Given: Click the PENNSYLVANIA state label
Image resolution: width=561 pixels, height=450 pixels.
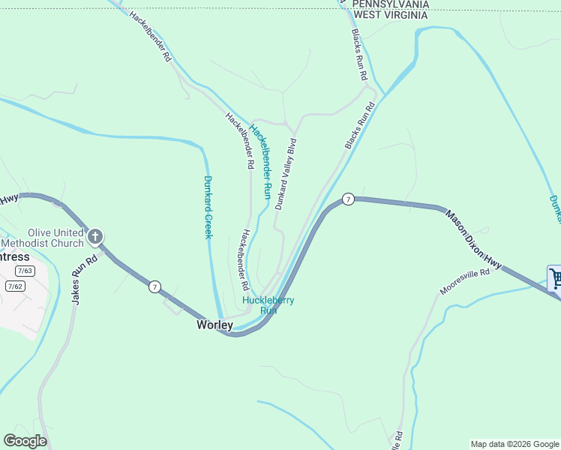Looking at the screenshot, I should click(391, 4).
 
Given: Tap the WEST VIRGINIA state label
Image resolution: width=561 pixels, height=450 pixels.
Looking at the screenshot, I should click(391, 14).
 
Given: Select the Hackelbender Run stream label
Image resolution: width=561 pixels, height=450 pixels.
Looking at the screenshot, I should click(261, 160).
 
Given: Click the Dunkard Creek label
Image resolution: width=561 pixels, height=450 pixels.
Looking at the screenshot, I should click(208, 206).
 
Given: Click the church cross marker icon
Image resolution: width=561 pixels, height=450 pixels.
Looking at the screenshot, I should click(94, 238).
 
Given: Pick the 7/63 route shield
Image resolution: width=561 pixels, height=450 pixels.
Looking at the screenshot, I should click(25, 271).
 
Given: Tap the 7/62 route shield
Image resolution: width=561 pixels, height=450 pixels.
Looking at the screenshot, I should click(14, 286).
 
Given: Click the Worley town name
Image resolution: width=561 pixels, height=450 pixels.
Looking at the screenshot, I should click(214, 325).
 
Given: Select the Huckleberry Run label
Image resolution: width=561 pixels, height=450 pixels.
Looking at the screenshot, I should click(268, 305).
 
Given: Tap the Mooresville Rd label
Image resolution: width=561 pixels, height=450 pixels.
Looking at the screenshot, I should click(465, 282).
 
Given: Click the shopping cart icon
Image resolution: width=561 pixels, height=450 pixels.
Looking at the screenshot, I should click(555, 279).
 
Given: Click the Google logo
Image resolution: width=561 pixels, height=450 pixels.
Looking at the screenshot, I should click(25, 441).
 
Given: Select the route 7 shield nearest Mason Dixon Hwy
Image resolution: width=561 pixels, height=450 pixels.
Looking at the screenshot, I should click(348, 199).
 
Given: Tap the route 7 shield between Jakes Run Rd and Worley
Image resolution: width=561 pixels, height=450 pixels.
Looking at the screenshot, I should click(154, 286).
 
